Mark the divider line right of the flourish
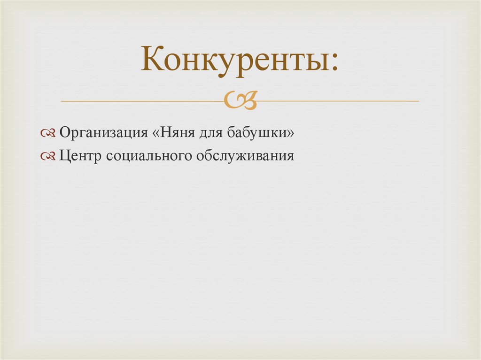(338, 101)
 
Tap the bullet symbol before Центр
(48, 156)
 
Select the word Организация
(104, 133)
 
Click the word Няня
(176, 133)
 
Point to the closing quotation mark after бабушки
(291, 134)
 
